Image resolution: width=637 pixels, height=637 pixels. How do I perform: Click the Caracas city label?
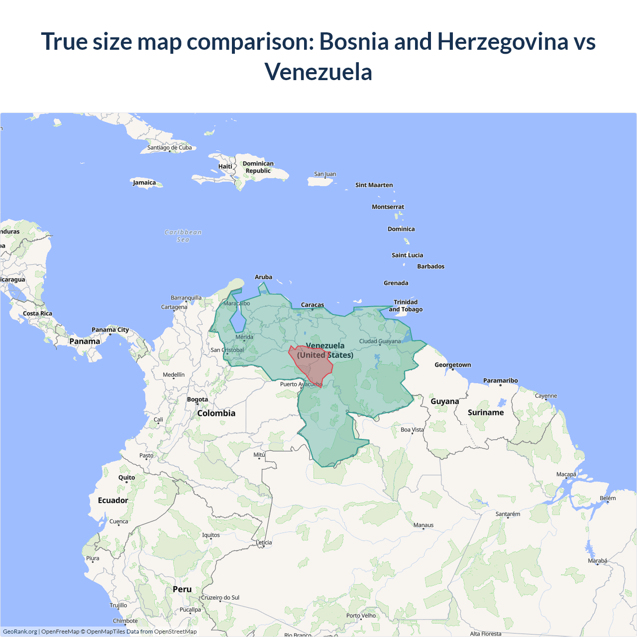[313, 305]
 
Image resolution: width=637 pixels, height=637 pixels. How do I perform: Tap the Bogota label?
[198, 399]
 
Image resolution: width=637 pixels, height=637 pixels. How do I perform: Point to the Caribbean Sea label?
[183, 235]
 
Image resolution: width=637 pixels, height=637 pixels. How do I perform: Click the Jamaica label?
[144, 183]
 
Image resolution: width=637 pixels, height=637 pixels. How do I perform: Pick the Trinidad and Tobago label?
[406, 306]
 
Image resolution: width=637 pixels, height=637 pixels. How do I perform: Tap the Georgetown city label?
[452, 365]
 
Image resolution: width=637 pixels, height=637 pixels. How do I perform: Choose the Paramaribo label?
[500, 381]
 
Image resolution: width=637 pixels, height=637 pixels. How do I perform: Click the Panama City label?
[110, 329]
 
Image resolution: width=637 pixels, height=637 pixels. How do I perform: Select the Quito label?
[126, 477]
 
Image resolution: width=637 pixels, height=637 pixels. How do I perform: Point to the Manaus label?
[424, 525]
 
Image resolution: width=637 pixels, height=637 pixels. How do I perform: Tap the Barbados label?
[430, 266]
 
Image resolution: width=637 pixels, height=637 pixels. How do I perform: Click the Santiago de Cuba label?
[169, 147]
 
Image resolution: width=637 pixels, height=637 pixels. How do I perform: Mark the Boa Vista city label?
[412, 429]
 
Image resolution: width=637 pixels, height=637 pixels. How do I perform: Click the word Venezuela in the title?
[318, 72]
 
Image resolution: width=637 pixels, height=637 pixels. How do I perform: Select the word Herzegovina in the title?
[503, 41]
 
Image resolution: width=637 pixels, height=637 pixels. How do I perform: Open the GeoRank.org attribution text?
[20, 632]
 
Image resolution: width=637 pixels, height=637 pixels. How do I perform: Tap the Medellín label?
[174, 375]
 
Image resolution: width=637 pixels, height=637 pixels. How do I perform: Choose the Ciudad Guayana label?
[380, 341]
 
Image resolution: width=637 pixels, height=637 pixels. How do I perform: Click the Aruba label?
[263, 277]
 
